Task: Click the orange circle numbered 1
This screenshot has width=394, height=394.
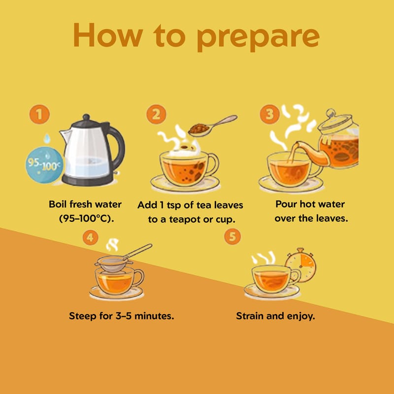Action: tap(39, 114)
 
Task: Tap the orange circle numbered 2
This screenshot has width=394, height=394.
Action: tap(156, 114)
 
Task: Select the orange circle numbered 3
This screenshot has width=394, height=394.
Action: tap(269, 114)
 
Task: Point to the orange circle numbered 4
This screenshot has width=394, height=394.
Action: tap(90, 237)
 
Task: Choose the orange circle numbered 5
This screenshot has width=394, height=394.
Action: tap(232, 236)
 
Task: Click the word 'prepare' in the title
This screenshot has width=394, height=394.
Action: tap(258, 37)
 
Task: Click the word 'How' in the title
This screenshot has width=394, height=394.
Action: tap(108, 34)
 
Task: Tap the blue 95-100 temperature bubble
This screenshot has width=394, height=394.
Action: tap(44, 165)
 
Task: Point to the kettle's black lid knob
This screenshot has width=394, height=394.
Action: tap(86, 117)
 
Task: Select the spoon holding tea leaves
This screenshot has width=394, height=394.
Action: tap(212, 126)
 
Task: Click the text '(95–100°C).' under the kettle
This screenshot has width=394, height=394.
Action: tap(87, 218)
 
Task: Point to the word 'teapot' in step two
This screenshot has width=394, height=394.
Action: tap(185, 220)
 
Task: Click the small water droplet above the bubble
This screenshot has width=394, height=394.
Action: tap(47, 138)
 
